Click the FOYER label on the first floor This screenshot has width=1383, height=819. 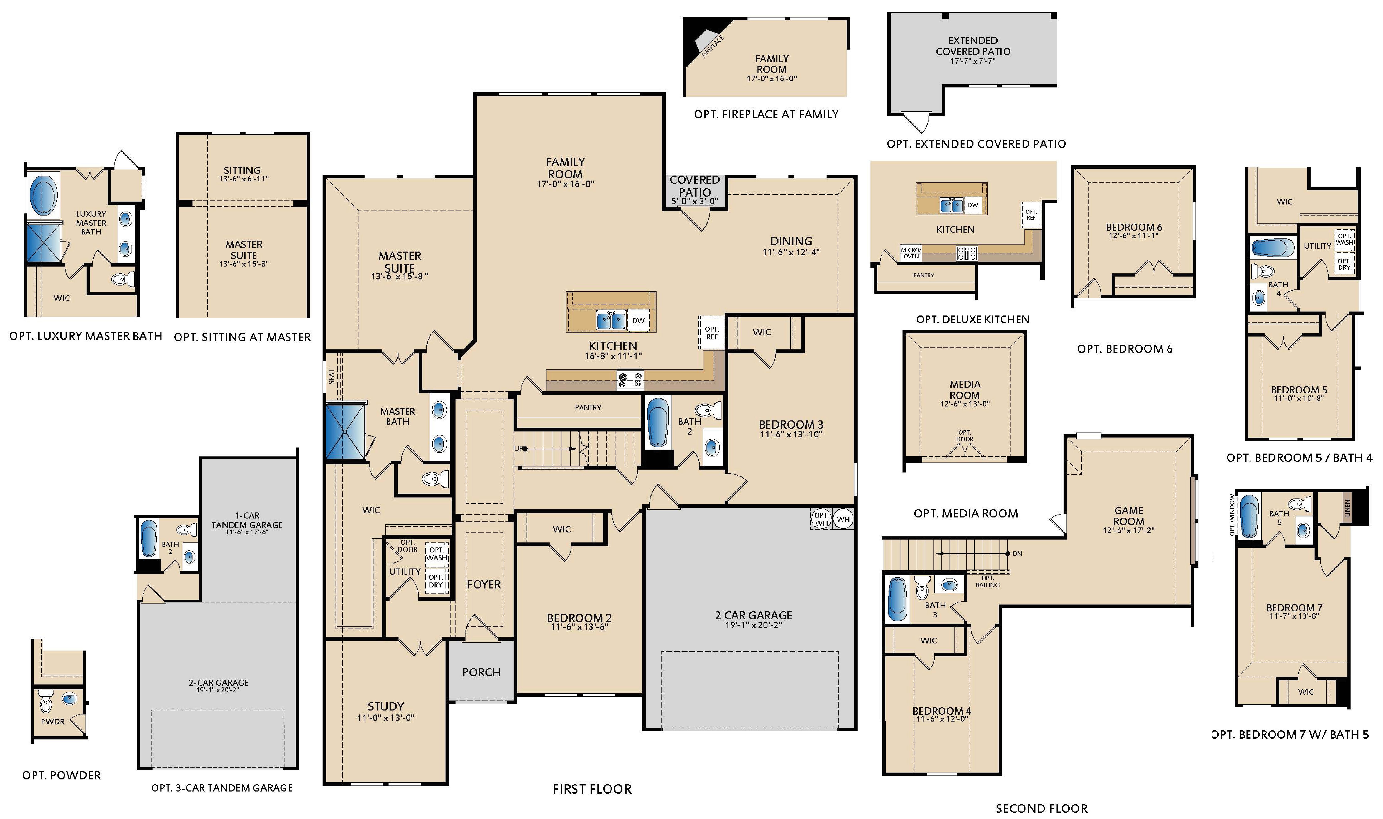[484, 585]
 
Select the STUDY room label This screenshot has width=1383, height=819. [385, 706]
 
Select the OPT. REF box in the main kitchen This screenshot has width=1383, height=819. [711, 333]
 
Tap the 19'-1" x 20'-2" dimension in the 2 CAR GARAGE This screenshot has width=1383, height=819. [753, 625]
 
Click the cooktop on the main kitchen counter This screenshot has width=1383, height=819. [630, 379]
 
